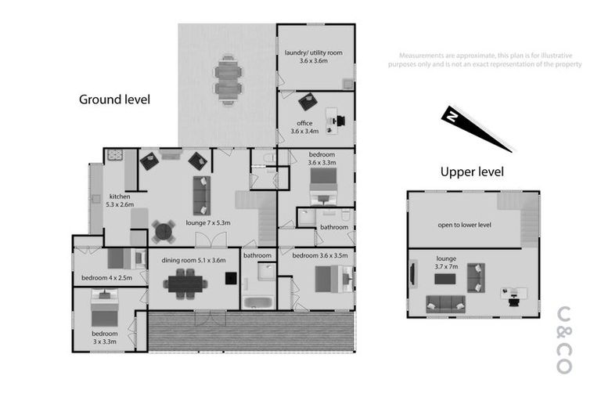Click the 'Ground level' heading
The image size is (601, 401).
pos(113,99)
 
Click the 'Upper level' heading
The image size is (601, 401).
pos(472,172)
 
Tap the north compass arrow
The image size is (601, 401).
pos(476,128)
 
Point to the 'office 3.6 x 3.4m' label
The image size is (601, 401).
pos(304,127)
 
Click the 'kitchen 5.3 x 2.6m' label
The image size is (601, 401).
pos(120,200)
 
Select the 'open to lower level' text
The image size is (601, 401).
pos(464,225)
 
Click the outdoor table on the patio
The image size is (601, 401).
pos(228,79)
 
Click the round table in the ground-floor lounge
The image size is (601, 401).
pos(164,230)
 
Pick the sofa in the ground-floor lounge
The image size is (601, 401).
pos(201,194)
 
